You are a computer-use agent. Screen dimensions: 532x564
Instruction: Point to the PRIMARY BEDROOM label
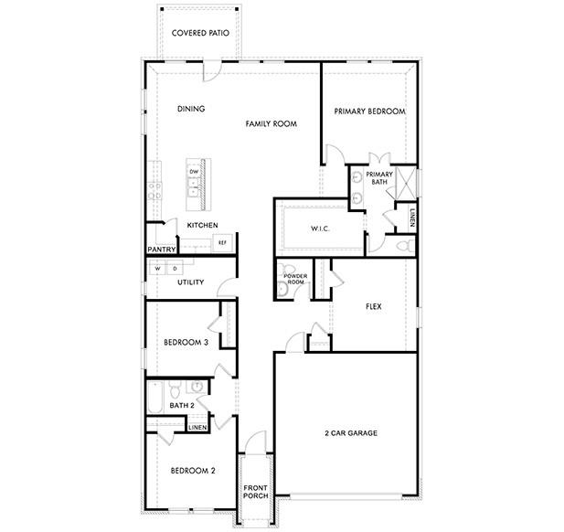[369, 112]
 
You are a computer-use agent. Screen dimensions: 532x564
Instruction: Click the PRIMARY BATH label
[379, 178]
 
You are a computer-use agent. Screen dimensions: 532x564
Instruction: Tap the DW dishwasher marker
[194, 172]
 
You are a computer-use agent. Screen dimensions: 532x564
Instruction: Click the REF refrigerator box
[221, 242]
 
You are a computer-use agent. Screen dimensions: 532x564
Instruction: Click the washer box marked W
[157, 269]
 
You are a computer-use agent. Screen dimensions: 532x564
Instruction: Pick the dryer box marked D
[175, 269]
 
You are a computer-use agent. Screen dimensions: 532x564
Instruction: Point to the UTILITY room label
[190, 282]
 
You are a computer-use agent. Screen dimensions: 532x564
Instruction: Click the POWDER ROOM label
[294, 280]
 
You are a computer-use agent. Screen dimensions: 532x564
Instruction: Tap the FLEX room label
[373, 307]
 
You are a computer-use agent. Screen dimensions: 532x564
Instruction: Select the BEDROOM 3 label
[186, 342]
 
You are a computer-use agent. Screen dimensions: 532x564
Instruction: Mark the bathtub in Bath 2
[154, 400]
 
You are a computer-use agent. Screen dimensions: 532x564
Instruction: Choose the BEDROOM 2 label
[193, 471]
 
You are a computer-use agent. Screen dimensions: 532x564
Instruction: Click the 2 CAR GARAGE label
[351, 433]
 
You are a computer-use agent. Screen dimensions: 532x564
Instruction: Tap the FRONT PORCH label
[255, 495]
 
